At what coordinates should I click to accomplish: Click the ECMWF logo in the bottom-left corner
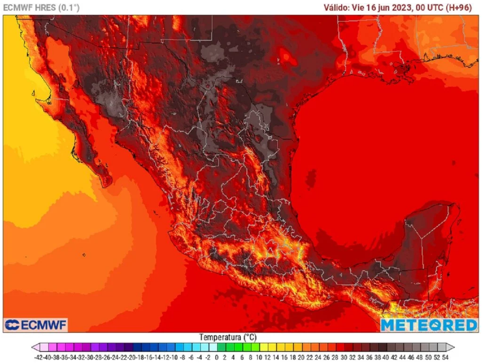coord(36,325)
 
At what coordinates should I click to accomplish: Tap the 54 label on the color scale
coord(445,357)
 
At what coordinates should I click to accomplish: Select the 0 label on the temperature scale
coord(216,357)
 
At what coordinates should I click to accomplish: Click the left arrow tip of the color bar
coord(33,347)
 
